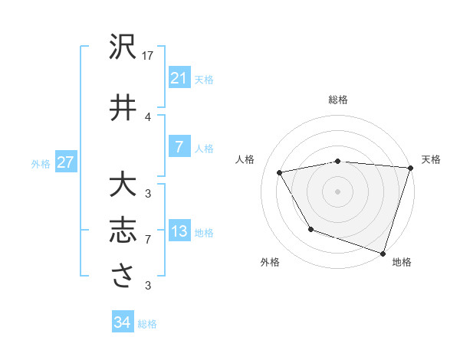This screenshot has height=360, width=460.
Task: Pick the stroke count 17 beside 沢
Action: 148,56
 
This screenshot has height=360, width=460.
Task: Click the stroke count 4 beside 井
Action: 148,116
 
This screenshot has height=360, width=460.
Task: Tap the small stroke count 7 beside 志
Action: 148,240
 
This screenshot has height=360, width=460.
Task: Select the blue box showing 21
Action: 179,78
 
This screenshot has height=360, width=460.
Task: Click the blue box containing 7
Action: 179,147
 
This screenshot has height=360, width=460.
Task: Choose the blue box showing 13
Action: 179,232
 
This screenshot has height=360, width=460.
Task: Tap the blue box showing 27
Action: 65,162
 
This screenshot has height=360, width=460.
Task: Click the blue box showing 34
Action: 122,322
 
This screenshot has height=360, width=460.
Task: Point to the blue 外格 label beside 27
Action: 41,163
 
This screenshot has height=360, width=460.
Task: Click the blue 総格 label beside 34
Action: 147,324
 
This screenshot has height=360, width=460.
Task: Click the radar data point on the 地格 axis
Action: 382,252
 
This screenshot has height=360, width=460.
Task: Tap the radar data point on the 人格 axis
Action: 280,173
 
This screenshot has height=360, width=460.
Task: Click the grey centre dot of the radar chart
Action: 337,191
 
